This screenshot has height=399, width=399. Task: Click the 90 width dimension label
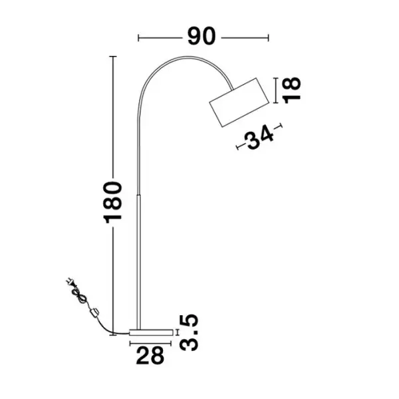tap(201, 37)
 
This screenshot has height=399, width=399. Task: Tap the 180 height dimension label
tap(113, 203)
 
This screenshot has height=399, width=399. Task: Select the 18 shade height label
tap(292, 90)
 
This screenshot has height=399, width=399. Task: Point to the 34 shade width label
tap(259, 137)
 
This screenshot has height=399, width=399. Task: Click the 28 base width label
tap(150, 356)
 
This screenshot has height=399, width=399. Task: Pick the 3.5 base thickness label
tap(189, 333)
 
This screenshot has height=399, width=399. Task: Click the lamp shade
tap(239, 102)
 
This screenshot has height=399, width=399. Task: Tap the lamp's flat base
tap(151, 332)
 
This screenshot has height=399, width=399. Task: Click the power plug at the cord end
tap(70, 282)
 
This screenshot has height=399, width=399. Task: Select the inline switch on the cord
tap(94, 313)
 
